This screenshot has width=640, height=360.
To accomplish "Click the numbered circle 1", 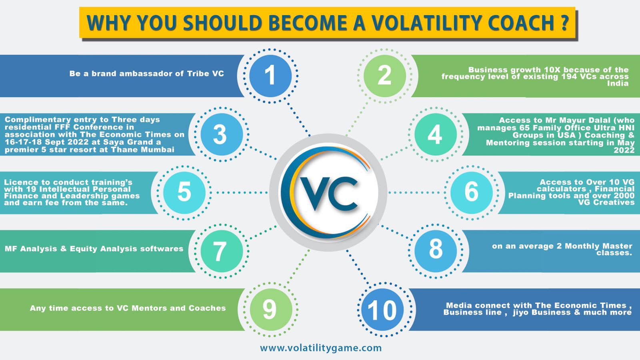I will coord(270,76).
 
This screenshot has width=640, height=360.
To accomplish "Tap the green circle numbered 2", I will coord(384,76).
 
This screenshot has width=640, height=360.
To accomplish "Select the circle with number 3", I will coord(221,134).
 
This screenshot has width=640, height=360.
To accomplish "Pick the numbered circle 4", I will coord(435,134).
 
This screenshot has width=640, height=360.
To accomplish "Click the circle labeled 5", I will coord(184,192).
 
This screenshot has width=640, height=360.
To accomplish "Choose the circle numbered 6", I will coord(472,192).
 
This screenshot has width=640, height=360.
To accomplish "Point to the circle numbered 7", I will coord(221,251).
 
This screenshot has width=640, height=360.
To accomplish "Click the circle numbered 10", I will coord(382,310).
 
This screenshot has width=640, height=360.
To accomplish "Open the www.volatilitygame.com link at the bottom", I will coord(321,348).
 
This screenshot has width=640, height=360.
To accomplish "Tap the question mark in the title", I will coord(564,22).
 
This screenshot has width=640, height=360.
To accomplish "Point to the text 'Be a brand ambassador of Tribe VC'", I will coord(146,74).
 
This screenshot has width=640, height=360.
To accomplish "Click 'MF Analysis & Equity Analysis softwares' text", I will coord(94,249).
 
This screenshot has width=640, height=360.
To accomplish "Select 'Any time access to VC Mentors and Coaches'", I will coord(128,308).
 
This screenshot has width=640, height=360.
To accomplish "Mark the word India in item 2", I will coord(618,84).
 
